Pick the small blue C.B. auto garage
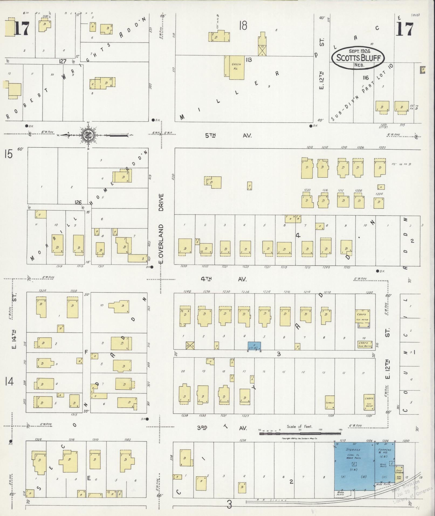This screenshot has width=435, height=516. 254,346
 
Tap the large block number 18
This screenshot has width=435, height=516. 243,26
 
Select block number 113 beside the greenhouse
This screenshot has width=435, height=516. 249,60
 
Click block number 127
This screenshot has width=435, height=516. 63,61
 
